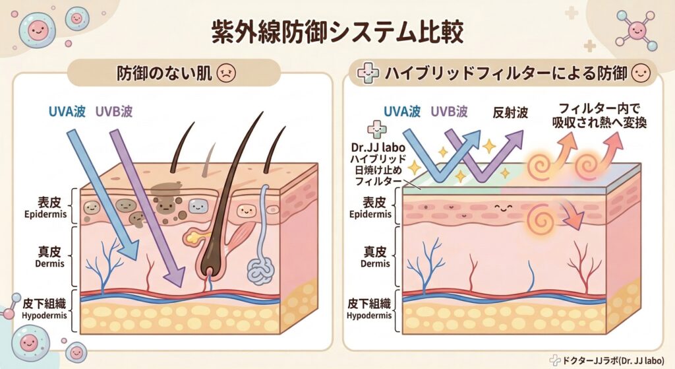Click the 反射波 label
(x=511, y=113)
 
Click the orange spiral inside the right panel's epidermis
(x=543, y=214)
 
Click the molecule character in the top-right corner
(x=636, y=30)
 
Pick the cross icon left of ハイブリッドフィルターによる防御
(x=364, y=73)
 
